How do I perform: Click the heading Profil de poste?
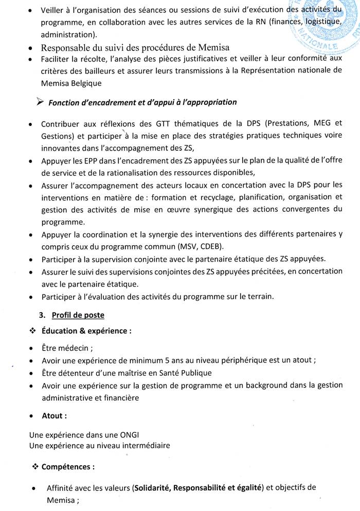tap(78, 315)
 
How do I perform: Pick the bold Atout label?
tap(54, 415)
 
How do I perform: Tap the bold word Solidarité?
tap(154, 488)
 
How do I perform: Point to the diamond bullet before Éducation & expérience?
tap(33, 331)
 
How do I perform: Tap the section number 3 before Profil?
tap(41, 315)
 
